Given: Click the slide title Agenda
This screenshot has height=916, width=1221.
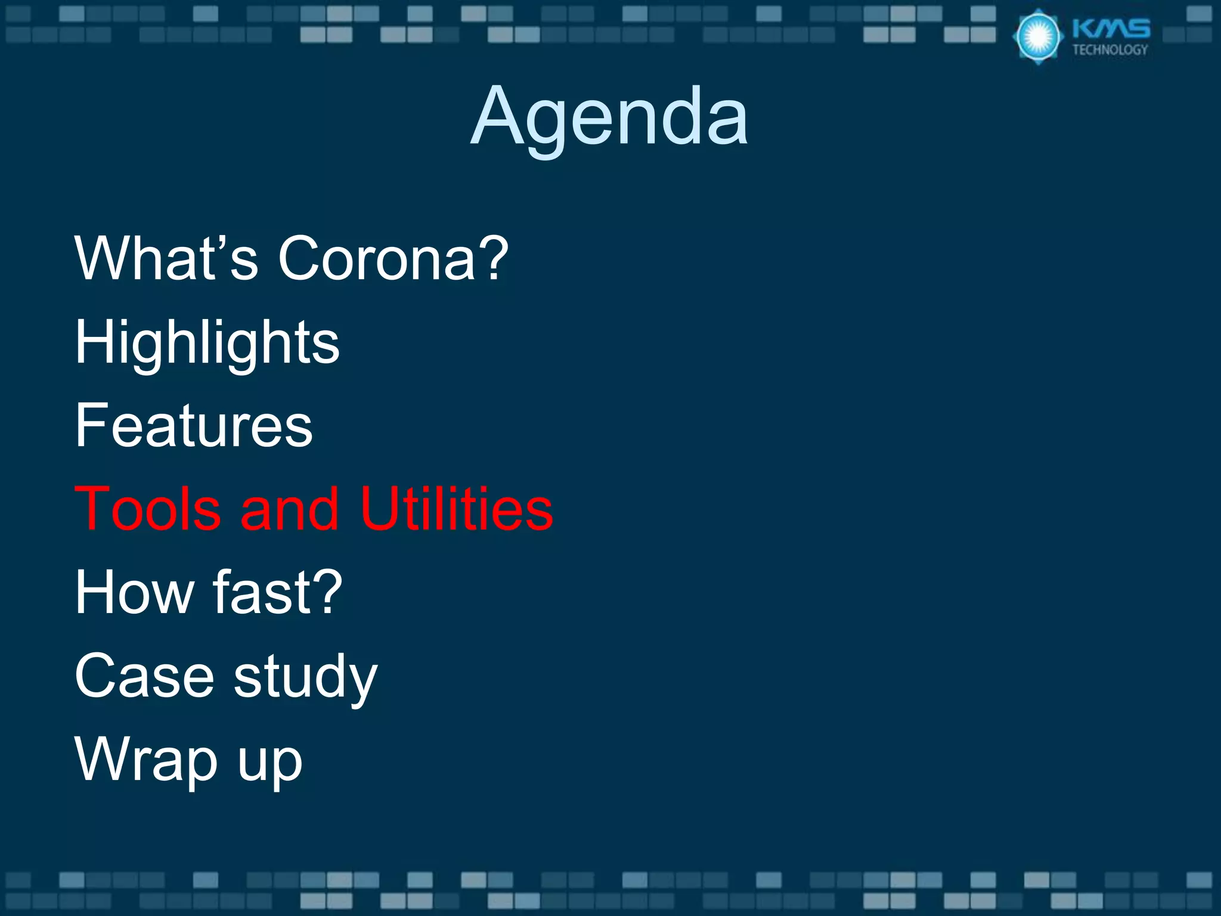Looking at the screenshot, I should tap(609, 116).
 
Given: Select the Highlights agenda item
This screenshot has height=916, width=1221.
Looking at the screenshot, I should tap(207, 342).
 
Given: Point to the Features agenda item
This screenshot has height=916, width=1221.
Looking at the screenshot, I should tap(194, 425).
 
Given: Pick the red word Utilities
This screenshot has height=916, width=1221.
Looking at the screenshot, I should tap(457, 509).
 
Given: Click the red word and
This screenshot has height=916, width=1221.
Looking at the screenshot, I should tap(290, 509).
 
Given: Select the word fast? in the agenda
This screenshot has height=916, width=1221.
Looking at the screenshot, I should tap(278, 592).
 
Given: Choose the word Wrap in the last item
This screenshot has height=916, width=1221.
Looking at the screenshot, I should tap(147, 760).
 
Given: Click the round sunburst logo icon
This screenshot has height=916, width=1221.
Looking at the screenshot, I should tap(1038, 36).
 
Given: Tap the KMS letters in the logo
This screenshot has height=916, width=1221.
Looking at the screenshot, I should tap(1111, 29).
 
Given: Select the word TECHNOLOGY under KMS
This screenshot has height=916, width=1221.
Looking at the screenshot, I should tap(1110, 50).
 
